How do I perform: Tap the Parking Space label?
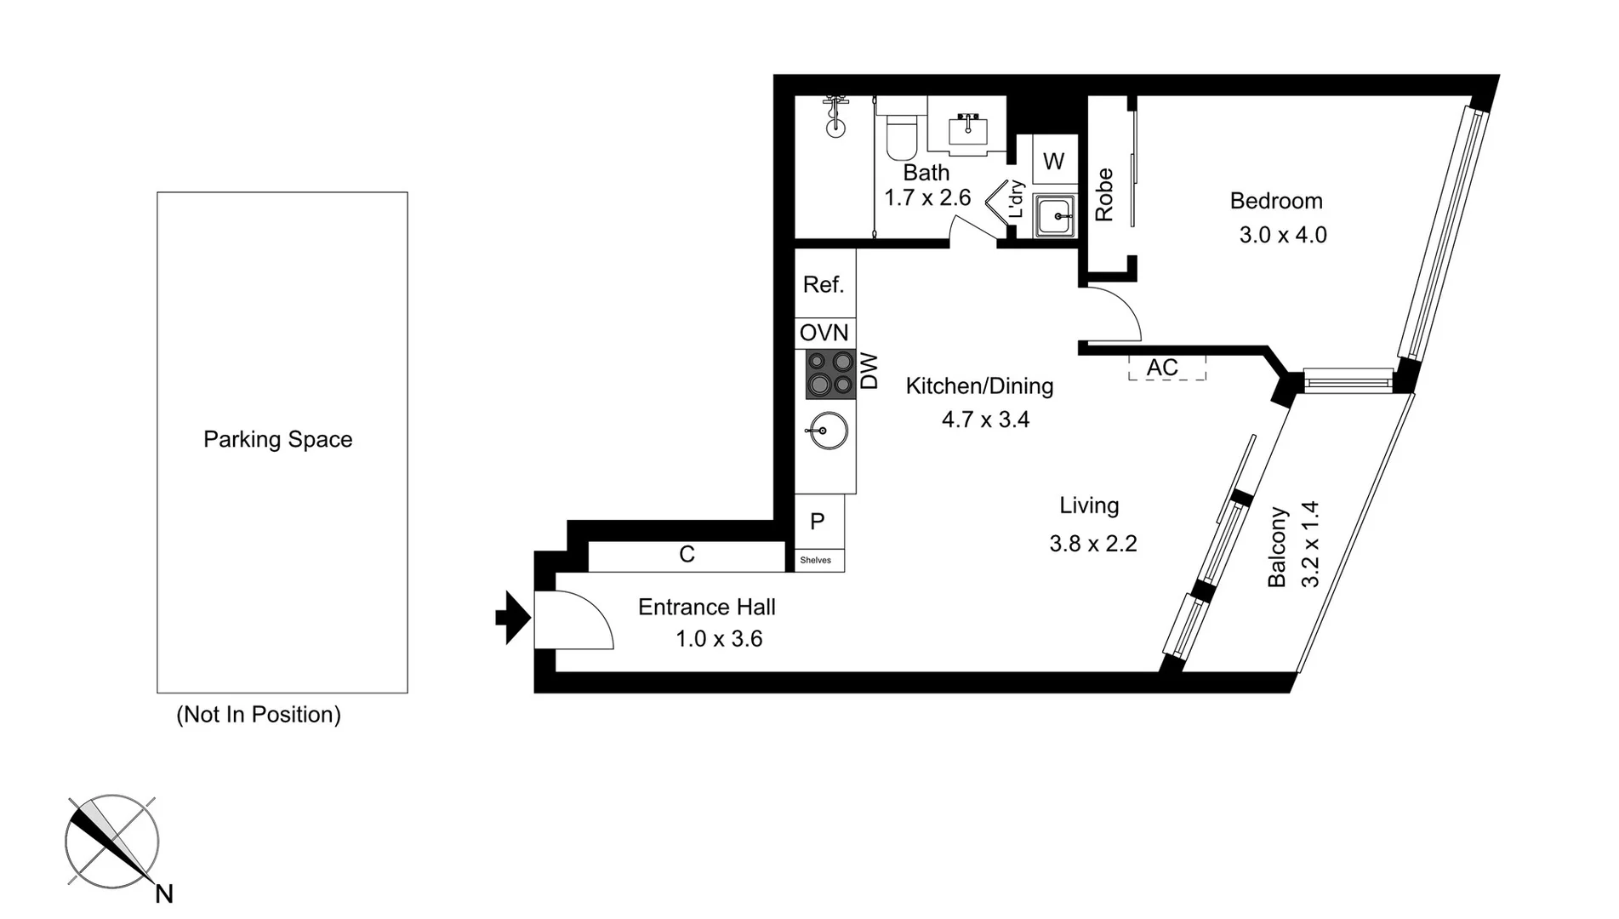pos(277,440)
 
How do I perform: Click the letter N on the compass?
pos(164,894)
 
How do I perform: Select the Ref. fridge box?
pos(824,284)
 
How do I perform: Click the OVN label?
pos(824,333)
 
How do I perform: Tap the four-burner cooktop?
pos(830,374)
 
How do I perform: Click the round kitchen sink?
pos(826,431)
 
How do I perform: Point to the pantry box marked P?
pos(818,521)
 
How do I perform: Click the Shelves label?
pos(816,560)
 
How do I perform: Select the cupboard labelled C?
pos(687,556)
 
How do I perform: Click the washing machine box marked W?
pos(1053,162)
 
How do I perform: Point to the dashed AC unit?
pos(1166,368)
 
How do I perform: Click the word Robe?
pos(1104,195)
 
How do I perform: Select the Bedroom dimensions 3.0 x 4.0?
pos(1282,235)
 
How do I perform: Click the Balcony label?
pos(1277,547)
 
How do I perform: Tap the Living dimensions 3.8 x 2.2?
pos(1092,544)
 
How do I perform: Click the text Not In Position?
pos(259,715)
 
